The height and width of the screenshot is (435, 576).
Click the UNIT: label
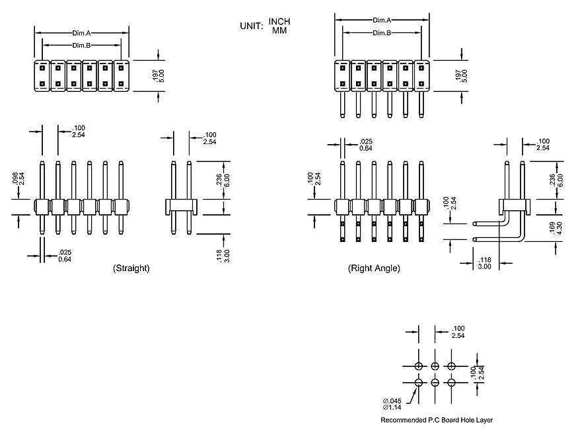(252, 26)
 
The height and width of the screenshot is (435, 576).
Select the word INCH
(279, 22)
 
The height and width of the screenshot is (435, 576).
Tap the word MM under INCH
(279, 30)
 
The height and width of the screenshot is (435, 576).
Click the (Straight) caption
(131, 268)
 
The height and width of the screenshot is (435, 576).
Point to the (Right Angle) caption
(374, 268)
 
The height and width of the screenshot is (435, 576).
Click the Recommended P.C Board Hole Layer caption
(437, 420)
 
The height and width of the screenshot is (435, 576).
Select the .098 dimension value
(15, 178)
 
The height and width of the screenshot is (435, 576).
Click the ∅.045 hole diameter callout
(392, 401)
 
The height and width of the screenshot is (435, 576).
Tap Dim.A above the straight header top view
(82, 32)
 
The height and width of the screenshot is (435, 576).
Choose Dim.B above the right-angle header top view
(382, 33)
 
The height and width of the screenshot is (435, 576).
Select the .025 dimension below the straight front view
(65, 252)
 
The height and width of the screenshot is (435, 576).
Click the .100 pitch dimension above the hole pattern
(458, 329)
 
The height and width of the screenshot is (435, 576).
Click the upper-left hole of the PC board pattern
(419, 366)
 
